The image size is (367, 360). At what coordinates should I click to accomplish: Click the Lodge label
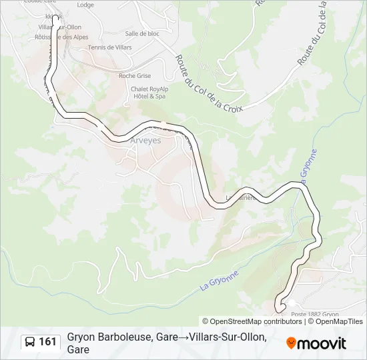pos(85,5)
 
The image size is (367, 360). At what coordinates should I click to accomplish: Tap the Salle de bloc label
pos(140,33)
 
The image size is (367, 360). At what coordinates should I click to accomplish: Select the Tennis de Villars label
pos(110,47)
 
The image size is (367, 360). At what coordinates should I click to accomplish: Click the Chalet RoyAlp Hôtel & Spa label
pos(148,92)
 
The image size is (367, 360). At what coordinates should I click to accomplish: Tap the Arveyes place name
pos(145,140)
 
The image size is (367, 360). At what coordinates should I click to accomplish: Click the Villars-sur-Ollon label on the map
pos(60,27)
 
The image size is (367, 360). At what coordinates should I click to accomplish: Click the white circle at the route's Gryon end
pos(292,303)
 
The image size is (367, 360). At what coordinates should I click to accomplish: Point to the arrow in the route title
pos(182,337)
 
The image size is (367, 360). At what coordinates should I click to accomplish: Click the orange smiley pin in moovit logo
pos(291,343)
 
